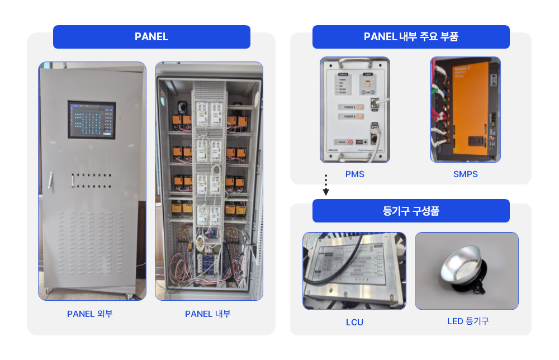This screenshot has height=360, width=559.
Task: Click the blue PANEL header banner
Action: tap(151, 37)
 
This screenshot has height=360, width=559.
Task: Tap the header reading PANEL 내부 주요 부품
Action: tap(411, 37)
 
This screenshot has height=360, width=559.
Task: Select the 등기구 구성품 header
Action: tap(411, 211)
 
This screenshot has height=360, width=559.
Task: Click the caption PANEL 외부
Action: tap(90, 314)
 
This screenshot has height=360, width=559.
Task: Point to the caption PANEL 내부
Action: tap(208, 314)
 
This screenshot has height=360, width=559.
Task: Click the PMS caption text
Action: tap(354, 174)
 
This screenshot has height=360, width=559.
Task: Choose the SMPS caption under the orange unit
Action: tap(465, 174)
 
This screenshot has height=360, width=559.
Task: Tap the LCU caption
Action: tap(354, 323)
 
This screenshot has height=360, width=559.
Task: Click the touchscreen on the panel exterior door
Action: tap(92, 119)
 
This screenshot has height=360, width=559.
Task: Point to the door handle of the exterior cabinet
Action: tap(50, 179)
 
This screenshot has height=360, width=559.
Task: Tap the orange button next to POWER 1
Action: tap(361, 106)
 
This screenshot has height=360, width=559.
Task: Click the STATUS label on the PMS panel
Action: tap(343, 73)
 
